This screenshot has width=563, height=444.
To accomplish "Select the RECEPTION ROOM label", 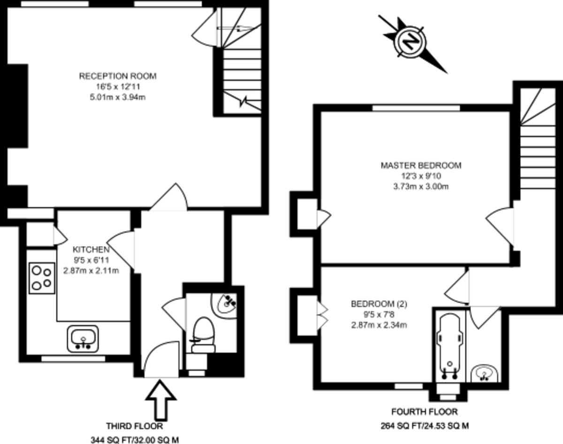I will (x=117, y=76).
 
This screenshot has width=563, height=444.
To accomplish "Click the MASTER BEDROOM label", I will (x=421, y=165).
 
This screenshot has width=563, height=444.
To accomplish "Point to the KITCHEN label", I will (x=91, y=249).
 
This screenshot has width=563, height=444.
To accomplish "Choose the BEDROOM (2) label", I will (x=379, y=304).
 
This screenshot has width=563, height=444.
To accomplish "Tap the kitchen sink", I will (x=83, y=338).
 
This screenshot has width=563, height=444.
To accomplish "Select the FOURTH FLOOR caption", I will (x=425, y=412).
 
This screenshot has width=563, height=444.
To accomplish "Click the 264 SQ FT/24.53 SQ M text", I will (x=425, y=426).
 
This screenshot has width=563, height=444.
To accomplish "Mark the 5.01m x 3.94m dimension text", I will (x=117, y=97).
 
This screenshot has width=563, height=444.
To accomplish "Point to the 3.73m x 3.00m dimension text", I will (x=421, y=186).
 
